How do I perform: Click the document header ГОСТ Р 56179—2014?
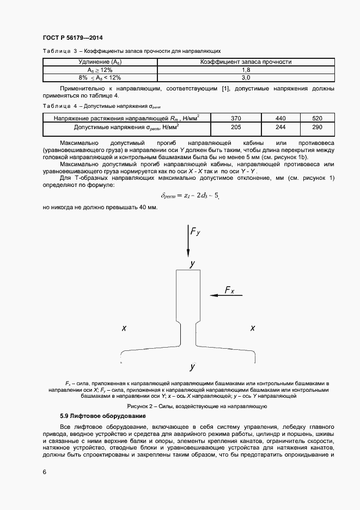click(x=72, y=38)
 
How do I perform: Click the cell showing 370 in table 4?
click(x=236, y=118)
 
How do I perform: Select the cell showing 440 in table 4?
click(x=280, y=118)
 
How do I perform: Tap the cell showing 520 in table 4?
click(x=318, y=118)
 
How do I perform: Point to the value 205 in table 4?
click(x=236, y=127)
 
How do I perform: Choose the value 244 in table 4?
click(x=280, y=127)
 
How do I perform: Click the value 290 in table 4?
click(x=318, y=127)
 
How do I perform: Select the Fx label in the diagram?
click(x=229, y=291)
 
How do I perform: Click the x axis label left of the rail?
click(x=124, y=328)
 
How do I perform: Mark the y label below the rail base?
click(x=192, y=366)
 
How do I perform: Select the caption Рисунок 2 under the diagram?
click(x=196, y=406)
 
